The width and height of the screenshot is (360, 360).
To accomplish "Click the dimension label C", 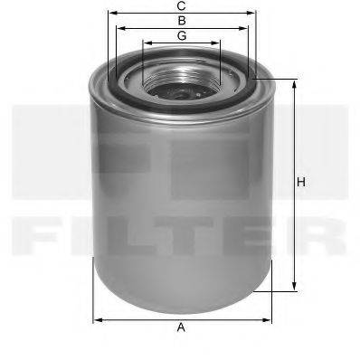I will click(181, 5).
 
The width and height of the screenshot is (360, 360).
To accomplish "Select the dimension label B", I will click(181, 20).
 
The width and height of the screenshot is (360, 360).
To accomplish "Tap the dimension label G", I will click(181, 35).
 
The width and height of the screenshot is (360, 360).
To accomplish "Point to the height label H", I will click(302, 184).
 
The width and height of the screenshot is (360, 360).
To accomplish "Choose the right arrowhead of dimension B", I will click(245, 28).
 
